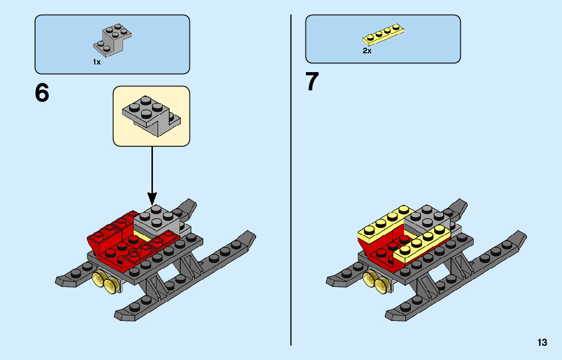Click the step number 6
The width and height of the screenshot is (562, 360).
[x=42, y=93]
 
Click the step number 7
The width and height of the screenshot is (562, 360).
[x=313, y=82]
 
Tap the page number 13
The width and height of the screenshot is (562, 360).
[x=542, y=343]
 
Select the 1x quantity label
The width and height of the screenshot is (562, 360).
[x=97, y=62]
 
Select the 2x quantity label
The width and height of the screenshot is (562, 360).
[x=367, y=51]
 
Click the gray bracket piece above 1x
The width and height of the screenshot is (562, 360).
[x=114, y=40]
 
